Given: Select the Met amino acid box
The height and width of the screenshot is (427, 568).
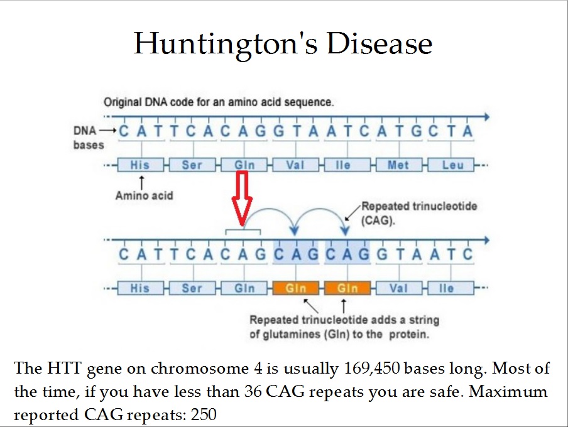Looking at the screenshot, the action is [399, 165].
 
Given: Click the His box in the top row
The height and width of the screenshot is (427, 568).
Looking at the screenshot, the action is [141, 165].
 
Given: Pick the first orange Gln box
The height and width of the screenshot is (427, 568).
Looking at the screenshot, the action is [296, 288].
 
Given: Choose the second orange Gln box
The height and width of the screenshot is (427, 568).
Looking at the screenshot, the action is [347, 288].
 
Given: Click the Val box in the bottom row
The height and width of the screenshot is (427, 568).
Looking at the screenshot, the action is [399, 288].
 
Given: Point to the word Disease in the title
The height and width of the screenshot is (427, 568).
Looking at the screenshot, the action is [380, 43].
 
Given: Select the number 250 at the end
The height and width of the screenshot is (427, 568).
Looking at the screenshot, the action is [204, 414].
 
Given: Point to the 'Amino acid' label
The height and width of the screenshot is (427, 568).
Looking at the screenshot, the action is [144, 195].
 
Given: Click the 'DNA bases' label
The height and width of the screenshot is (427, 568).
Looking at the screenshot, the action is [89, 138].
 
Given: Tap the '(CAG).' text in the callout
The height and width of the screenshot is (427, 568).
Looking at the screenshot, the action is [378, 220].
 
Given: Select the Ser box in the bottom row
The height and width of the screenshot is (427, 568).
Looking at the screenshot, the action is [192, 288].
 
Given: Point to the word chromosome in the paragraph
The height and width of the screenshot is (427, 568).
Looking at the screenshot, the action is [200, 369].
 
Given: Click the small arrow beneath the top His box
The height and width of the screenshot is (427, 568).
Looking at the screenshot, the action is [141, 182].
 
